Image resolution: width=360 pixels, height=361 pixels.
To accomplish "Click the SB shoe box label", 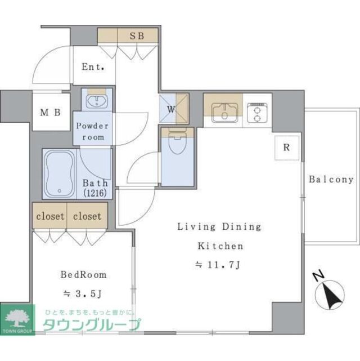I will point(137,35).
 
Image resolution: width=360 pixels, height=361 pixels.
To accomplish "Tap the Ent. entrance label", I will point(93,66).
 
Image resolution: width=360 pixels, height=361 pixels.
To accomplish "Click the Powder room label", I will point(92,131).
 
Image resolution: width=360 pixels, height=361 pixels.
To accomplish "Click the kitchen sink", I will point(224,112).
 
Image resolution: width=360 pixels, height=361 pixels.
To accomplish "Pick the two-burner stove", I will point(257,112).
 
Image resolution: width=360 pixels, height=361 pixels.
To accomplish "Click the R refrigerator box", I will point(286,148).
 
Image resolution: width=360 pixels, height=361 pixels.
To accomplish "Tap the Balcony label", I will point(331,180).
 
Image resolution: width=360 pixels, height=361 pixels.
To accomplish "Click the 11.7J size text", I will point(219,264).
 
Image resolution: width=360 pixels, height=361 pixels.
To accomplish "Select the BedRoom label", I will point(83,275).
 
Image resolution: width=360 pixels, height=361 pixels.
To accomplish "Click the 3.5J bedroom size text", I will point(83,293).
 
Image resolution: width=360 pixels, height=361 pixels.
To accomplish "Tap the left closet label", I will point(49,216).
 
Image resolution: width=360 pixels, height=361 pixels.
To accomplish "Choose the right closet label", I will point(87,216).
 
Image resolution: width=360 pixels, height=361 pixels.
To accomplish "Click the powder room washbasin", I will point(97,102).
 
